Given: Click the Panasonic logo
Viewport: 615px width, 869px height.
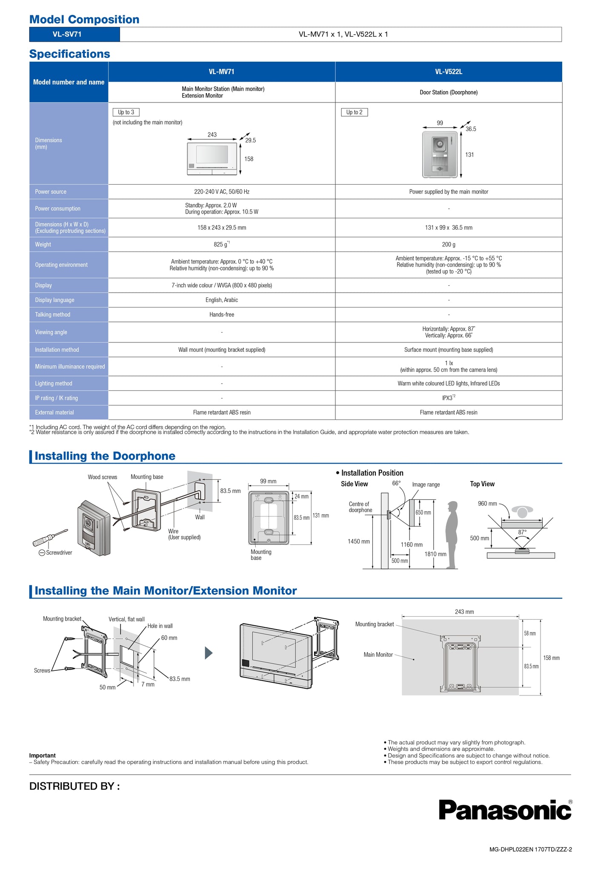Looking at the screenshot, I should [x=505, y=810].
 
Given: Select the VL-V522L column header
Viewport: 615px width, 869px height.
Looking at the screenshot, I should [x=449, y=72].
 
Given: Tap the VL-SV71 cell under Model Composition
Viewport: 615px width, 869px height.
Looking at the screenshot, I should [x=67, y=34].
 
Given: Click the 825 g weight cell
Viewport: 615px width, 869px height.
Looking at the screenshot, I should [x=221, y=245].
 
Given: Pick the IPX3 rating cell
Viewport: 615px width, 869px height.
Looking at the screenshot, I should [x=448, y=398].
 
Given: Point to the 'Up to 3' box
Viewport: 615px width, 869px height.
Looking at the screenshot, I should [x=126, y=112].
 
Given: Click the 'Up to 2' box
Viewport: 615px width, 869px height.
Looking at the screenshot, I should [x=354, y=112].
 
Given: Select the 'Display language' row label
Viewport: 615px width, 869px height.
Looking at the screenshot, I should [x=54, y=300].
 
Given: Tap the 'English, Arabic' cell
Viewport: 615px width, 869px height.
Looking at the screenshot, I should [x=221, y=300].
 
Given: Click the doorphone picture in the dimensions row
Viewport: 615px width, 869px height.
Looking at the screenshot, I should [x=440, y=154].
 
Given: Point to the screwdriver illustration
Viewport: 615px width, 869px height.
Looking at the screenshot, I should [x=50, y=538].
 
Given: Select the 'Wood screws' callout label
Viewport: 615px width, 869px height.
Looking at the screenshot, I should [x=102, y=477].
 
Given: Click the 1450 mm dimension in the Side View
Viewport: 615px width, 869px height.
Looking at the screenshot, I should [x=358, y=541].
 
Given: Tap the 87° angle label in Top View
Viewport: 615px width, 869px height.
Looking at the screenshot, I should [x=522, y=532].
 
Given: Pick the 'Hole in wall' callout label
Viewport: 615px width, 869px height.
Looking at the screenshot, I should [x=160, y=626].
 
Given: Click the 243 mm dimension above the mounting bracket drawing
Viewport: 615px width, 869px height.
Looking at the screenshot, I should [x=464, y=612].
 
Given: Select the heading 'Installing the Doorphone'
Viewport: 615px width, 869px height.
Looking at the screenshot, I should [x=105, y=456].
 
